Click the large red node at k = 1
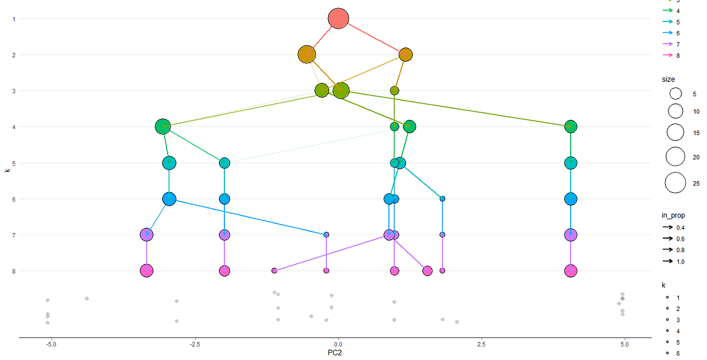[338, 19]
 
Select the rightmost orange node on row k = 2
[406, 55]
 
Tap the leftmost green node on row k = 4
[163, 127]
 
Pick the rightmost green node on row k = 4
[571, 127]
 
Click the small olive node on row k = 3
[395, 91]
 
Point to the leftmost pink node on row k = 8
[147, 271]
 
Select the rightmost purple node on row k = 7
[571, 235]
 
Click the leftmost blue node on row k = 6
[169, 199]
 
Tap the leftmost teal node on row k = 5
[169, 163]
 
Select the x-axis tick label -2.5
[195, 344]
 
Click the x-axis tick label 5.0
[625, 344]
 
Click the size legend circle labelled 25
[676, 183]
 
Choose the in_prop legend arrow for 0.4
[667, 228]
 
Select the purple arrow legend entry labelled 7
[667, 44]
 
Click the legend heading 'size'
[668, 79]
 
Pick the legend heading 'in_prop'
[673, 215]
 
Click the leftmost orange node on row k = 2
[307, 54]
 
